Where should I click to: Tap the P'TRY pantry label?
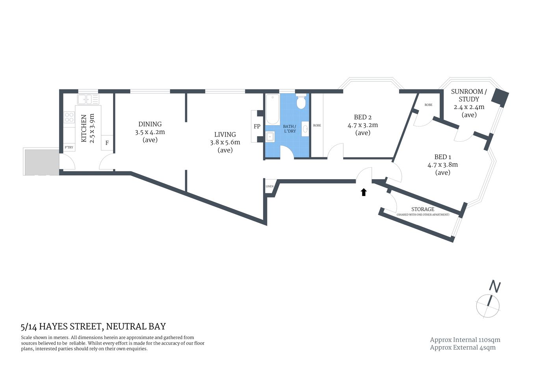69,147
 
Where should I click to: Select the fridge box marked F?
107,143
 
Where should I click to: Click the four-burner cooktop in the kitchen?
69,117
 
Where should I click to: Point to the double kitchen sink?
87,99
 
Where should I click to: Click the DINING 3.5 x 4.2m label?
150,132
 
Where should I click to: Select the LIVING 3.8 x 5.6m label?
225,142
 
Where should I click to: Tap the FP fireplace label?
257,126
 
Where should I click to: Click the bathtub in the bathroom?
272,109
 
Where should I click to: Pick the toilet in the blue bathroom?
301,102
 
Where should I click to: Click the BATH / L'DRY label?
290,129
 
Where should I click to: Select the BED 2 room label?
362,125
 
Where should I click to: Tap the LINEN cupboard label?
269,187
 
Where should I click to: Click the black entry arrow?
364,192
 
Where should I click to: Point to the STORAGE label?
422,209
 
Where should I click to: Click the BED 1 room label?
442,165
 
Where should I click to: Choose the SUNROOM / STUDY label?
469,103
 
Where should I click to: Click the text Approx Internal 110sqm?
465,340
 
